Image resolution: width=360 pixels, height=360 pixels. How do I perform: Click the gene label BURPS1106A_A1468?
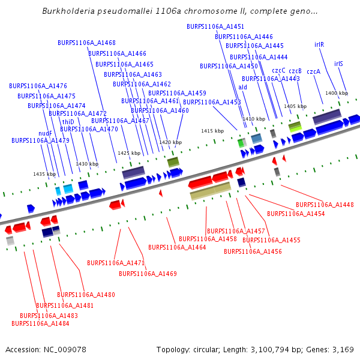pyautogui.click(x=86, y=43)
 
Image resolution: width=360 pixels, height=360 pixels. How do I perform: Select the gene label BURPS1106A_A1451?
pyautogui.click(x=215, y=27)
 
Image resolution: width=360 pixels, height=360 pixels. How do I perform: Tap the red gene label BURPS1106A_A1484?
pyautogui.click(x=40, y=323)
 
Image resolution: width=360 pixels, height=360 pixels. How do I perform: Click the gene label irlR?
pyautogui.click(x=319, y=44)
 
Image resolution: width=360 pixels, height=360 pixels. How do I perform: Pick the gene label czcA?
pyautogui.click(x=313, y=71)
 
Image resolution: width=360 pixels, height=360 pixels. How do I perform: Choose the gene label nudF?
pyautogui.click(x=46, y=133)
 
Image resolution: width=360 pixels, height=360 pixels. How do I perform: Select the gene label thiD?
pyautogui.click(x=68, y=122)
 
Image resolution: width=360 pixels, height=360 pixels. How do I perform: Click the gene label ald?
pyautogui.click(x=242, y=87)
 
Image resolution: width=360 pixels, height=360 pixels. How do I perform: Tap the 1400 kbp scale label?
pyautogui.click(x=336, y=93)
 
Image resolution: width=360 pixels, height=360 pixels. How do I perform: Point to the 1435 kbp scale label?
pyautogui.click(x=44, y=174)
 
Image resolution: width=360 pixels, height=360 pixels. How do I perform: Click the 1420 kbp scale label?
pyautogui.click(x=170, y=142)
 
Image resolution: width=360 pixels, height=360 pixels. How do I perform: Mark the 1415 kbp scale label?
pyautogui.click(x=212, y=130)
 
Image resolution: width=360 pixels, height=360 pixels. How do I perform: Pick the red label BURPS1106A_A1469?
pyautogui.click(x=148, y=274)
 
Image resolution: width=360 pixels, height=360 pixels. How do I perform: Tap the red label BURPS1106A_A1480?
pyautogui.click(x=86, y=295)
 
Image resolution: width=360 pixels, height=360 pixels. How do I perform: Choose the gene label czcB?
pyautogui.click(x=295, y=71)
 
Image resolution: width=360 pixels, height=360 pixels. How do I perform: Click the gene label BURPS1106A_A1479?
pyautogui.click(x=40, y=140)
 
